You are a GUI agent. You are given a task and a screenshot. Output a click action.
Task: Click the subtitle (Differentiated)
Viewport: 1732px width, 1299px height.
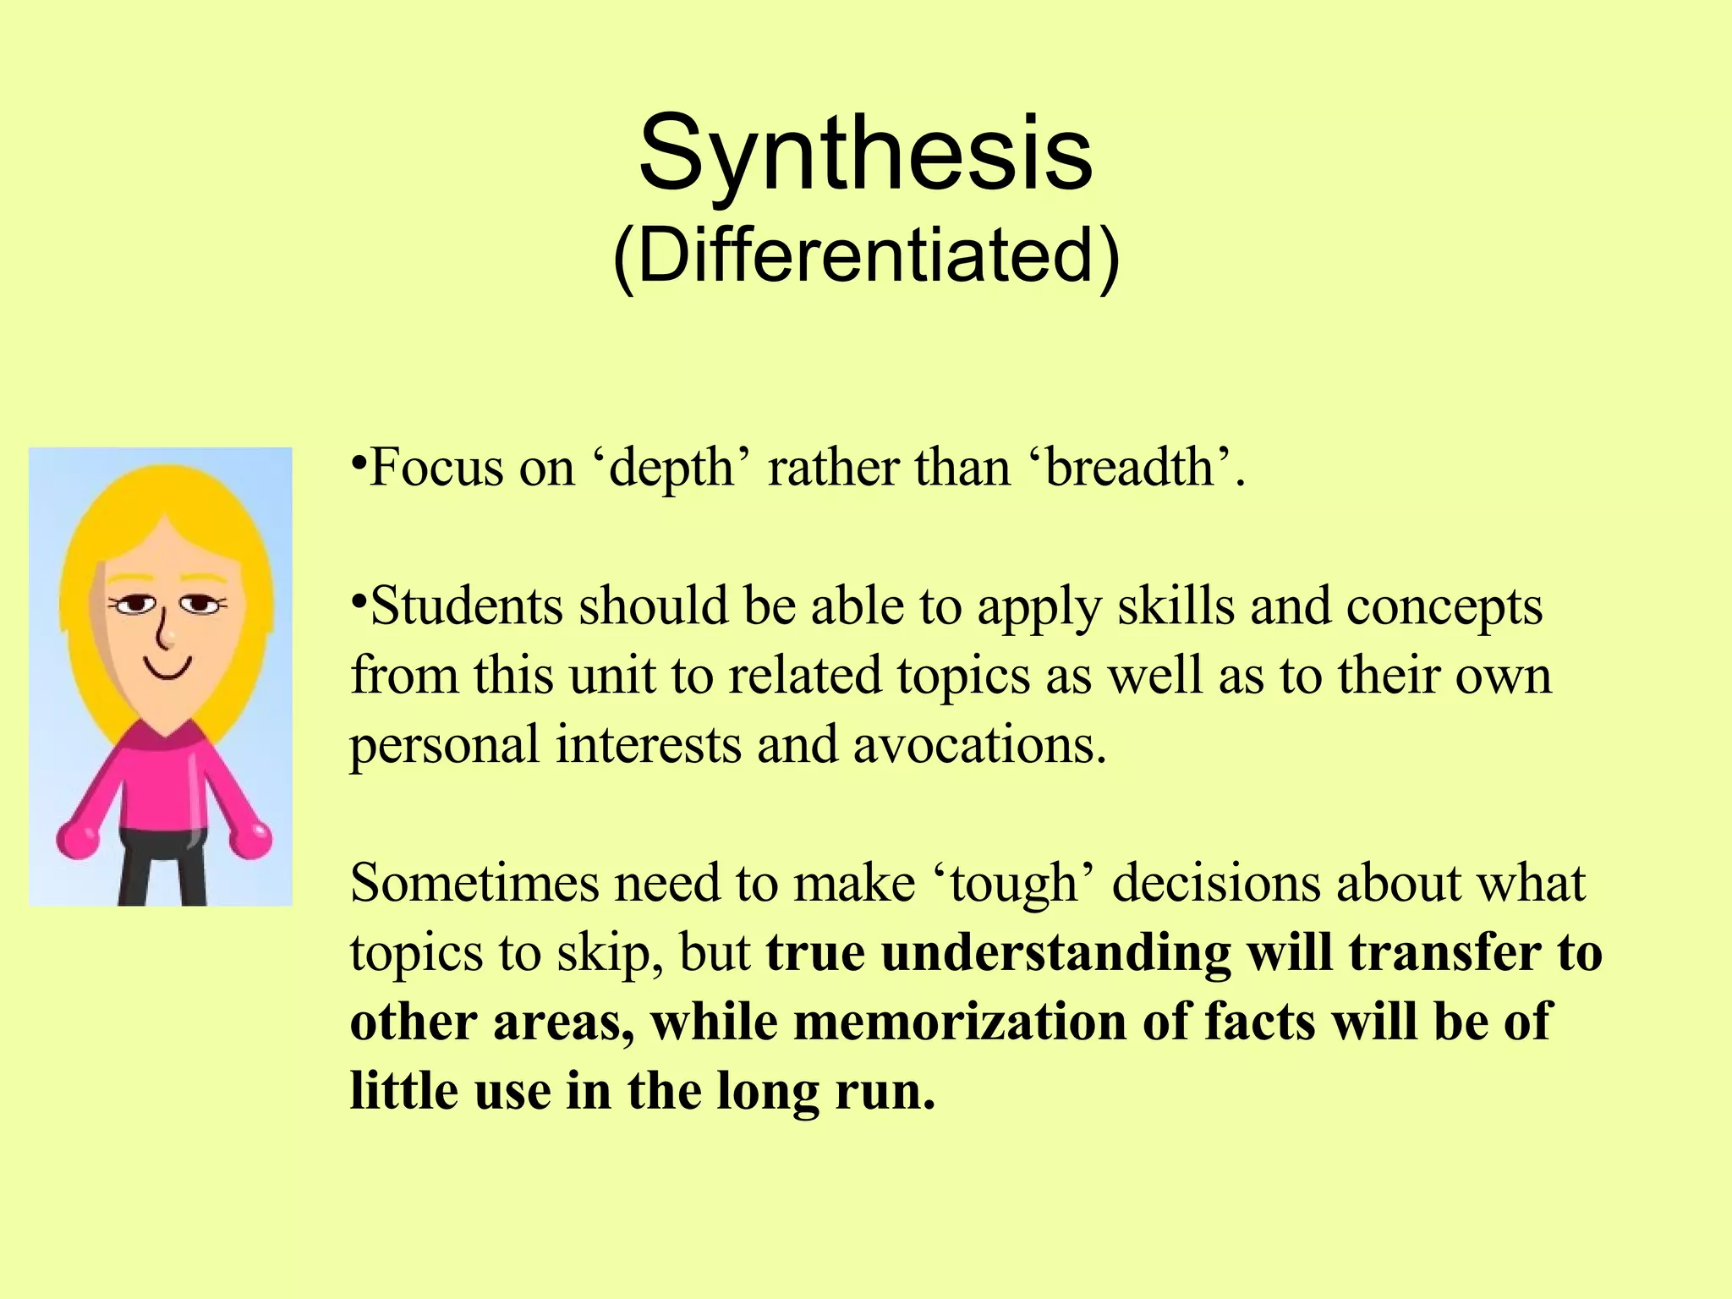[x=865, y=255]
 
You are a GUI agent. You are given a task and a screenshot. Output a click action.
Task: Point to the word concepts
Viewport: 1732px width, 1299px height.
[x=1444, y=607]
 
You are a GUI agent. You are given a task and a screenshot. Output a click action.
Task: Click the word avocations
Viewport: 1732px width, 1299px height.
[x=979, y=745]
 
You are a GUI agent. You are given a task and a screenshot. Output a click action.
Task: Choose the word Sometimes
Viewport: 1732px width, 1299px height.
[x=474, y=884]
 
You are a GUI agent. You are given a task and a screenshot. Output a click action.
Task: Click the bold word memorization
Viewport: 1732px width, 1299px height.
[x=961, y=1022]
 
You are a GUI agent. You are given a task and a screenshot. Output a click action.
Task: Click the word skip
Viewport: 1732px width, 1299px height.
[x=611, y=954]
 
